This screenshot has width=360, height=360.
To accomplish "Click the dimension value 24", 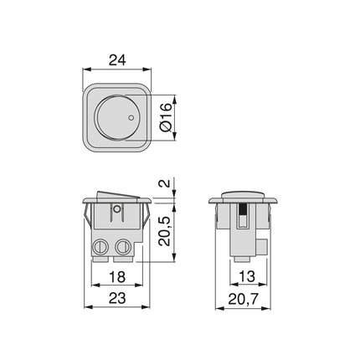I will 118,61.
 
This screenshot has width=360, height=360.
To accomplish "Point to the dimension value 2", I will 167,184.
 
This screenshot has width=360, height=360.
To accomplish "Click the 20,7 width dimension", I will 245,297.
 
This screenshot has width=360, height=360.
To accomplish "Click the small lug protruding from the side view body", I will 263,247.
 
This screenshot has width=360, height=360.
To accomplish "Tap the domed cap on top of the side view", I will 245,194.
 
